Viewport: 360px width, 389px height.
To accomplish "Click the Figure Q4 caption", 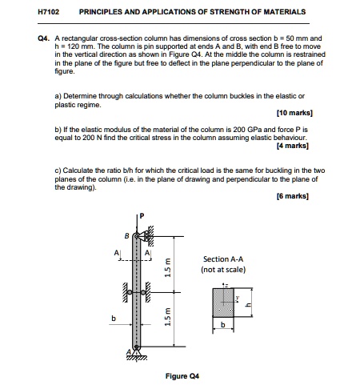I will (181, 375).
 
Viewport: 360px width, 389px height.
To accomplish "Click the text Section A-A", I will (224, 259).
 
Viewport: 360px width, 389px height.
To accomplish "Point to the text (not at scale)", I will (224, 270).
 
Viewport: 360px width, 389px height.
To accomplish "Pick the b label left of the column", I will (113, 318).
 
